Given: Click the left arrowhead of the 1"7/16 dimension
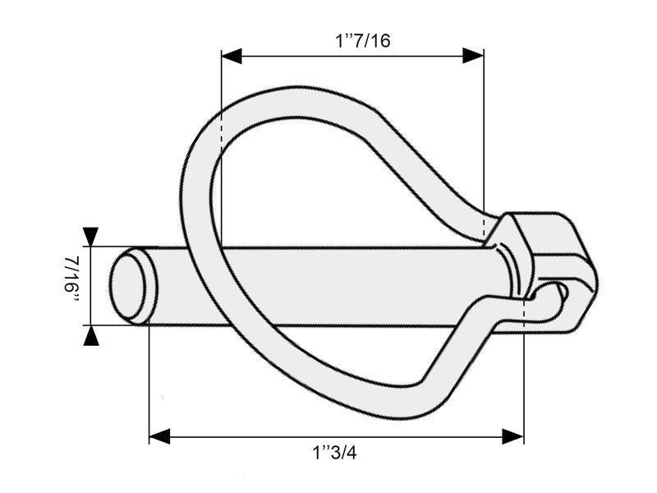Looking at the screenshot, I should [232, 56].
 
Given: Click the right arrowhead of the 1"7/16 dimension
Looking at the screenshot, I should [473, 56].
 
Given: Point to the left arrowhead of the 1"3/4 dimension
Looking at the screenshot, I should [159, 435].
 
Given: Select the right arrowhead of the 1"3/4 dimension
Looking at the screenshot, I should [513, 435].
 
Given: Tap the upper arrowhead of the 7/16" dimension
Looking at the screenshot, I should [90, 237].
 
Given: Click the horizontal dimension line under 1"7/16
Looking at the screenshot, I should [353, 56].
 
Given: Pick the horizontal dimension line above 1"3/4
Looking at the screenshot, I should [337, 435].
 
